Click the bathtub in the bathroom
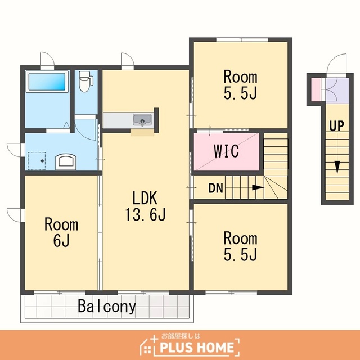(x=47, y=82)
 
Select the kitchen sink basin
(x=142, y=120)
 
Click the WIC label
(x=226, y=151)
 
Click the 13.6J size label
(x=145, y=214)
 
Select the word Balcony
(x=107, y=306)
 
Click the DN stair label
(x=215, y=188)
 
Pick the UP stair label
(x=337, y=126)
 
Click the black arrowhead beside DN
(x=258, y=187)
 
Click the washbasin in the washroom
(x=66, y=161)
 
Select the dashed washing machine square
(x=37, y=161)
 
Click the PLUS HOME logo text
(x=197, y=348)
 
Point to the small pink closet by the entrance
(x=316, y=90)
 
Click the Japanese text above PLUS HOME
(x=181, y=336)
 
